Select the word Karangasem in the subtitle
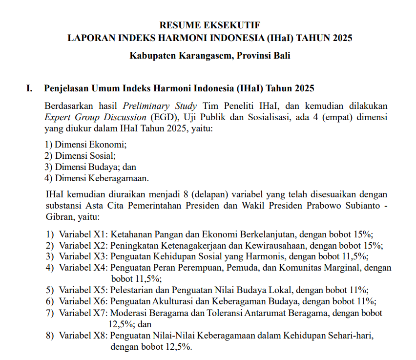(x=204, y=55)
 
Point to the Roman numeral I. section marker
(x=29, y=88)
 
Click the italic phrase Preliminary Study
(x=160, y=106)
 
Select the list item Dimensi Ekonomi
(x=90, y=145)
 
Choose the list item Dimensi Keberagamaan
(x=102, y=178)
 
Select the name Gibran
(x=58, y=216)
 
